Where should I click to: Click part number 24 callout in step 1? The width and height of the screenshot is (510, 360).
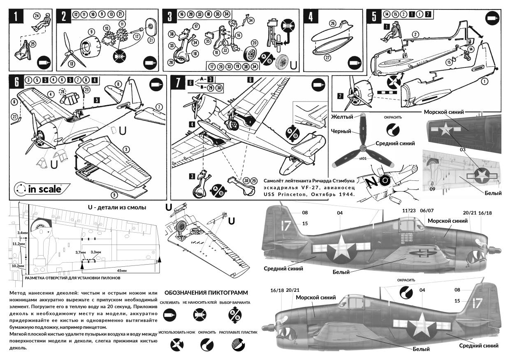37,16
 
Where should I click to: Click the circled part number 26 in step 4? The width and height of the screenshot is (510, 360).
333,24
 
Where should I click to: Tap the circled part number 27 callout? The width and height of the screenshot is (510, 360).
327,58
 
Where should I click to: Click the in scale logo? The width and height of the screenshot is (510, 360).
38,189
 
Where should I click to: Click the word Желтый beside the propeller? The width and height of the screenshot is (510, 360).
342,117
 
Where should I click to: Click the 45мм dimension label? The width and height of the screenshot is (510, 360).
121,271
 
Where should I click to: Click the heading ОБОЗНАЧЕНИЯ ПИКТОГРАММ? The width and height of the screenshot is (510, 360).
206,293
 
